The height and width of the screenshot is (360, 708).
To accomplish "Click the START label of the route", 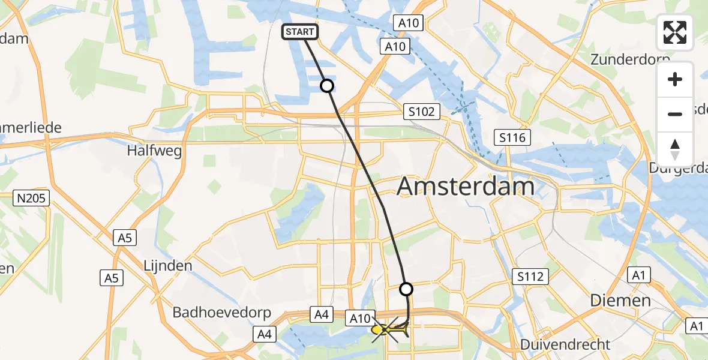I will click(x=299, y=32).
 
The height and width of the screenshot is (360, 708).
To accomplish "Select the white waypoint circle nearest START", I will click(x=327, y=86).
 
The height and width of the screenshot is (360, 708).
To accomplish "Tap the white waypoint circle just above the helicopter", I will click(x=406, y=289).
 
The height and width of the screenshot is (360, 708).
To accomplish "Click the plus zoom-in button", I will click(x=675, y=80).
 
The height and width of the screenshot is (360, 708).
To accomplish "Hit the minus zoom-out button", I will click(x=675, y=114).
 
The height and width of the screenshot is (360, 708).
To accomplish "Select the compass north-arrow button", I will click(x=675, y=149).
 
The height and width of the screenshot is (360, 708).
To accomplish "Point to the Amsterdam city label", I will click(x=466, y=187).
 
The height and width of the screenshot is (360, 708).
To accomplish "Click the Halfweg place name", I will click(x=154, y=151).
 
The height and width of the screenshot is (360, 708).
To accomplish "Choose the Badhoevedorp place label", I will click(x=222, y=313).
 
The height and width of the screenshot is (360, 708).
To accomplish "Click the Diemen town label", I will click(x=620, y=300).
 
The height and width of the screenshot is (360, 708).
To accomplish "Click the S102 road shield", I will click(x=422, y=111).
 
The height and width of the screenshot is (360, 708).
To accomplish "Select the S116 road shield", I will click(x=512, y=138).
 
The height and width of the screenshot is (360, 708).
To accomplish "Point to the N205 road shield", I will click(x=32, y=198).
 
